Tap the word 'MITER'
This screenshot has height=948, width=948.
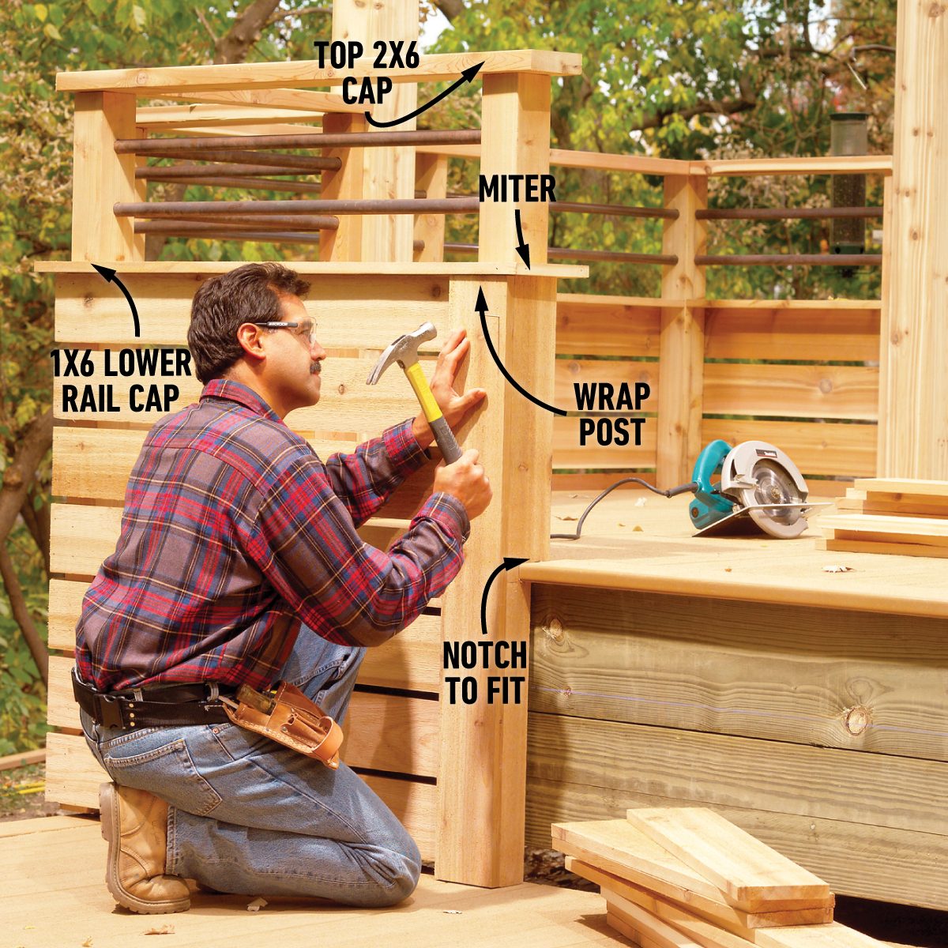tap(517, 190)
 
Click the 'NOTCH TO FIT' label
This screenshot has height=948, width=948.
tap(484, 672)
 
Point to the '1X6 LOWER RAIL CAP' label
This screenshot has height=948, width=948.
tap(121, 381)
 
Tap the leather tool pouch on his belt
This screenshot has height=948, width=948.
tap(292, 723)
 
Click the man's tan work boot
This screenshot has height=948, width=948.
tap(138, 849)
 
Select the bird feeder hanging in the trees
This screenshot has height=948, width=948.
tap(848, 182)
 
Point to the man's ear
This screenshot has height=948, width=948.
tap(251, 340)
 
